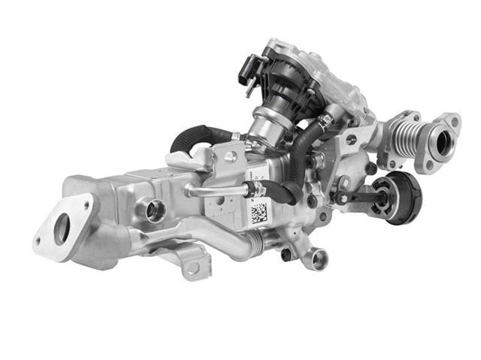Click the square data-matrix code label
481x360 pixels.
258,213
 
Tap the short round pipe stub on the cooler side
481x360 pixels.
154,210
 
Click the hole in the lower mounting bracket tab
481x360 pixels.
194,268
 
